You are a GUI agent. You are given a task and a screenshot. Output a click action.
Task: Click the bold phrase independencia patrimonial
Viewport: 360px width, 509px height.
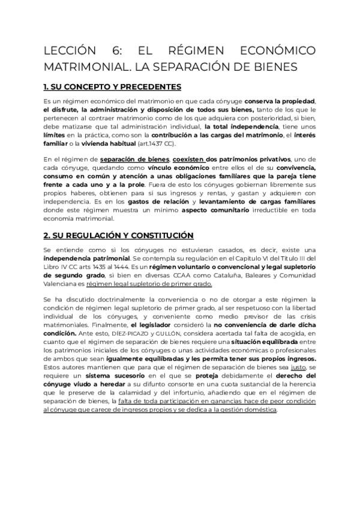pyautogui.click(x=80, y=258)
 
